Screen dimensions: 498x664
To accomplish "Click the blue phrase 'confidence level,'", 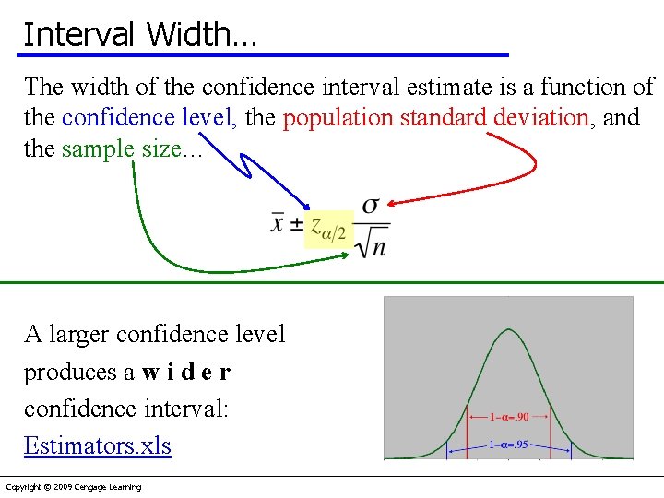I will (x=148, y=118).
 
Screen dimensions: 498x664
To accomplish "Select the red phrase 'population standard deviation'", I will (x=435, y=118).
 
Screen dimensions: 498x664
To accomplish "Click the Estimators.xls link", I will (x=97, y=445).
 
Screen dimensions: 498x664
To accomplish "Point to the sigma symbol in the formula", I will (x=370, y=206).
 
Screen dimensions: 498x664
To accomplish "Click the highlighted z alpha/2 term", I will (x=328, y=227).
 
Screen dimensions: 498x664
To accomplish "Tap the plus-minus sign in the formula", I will (x=297, y=223).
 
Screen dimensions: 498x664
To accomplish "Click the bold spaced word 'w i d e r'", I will (x=186, y=372).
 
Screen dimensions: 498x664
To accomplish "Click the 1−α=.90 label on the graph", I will (x=509, y=417).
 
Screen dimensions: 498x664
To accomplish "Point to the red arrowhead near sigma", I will (x=390, y=202).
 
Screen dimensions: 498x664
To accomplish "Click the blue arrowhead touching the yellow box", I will (x=308, y=208).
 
